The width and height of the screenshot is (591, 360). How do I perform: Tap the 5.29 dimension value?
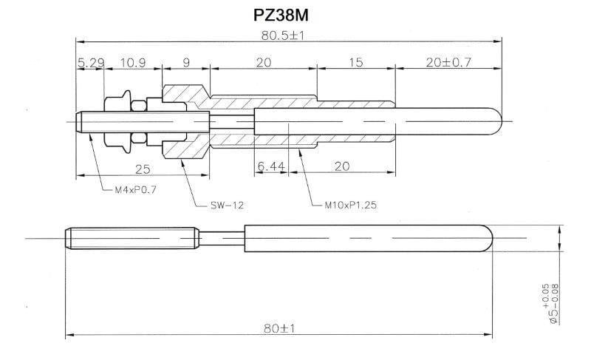[x=88, y=64]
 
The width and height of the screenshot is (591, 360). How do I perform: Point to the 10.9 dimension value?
[x=131, y=64]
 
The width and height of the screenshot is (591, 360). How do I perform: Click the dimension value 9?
[x=185, y=64]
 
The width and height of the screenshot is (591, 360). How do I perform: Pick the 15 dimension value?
[x=356, y=64]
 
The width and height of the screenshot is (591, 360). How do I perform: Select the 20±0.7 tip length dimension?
[x=448, y=64]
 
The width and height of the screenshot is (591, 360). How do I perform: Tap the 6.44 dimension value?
[x=271, y=167]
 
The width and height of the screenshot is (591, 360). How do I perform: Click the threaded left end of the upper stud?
[x=85, y=120]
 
